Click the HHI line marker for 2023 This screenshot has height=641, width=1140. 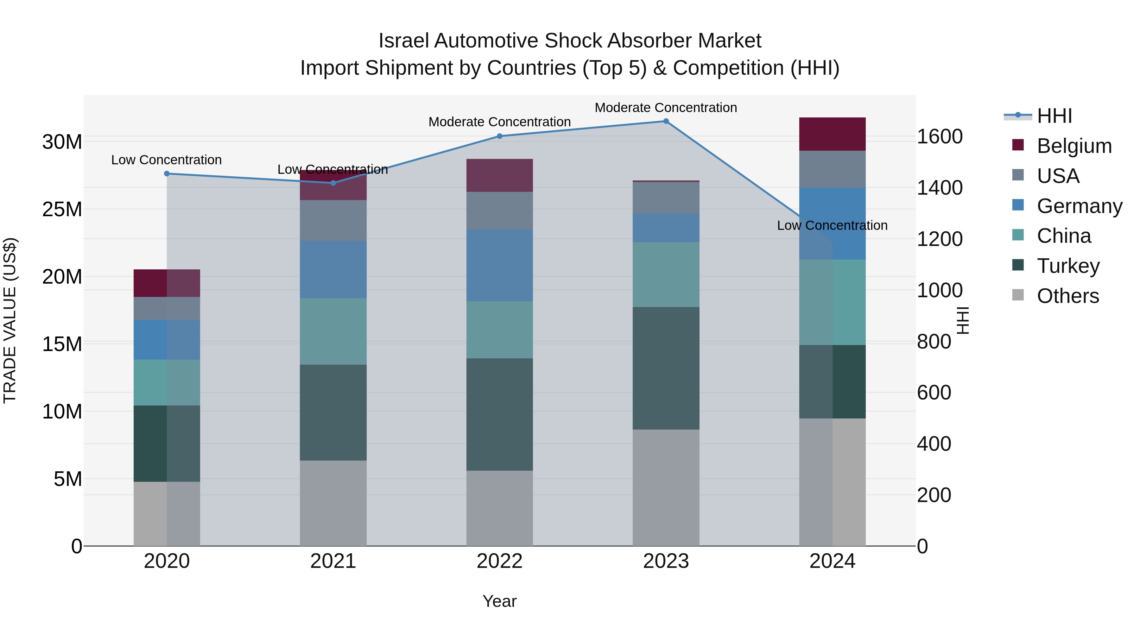(x=666, y=121)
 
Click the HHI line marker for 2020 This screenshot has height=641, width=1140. (x=167, y=174)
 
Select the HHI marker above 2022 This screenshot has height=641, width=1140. (x=500, y=136)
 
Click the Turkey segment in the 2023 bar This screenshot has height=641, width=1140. (x=666, y=368)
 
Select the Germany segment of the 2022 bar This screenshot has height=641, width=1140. (x=500, y=266)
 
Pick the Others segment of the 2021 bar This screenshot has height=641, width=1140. (x=333, y=503)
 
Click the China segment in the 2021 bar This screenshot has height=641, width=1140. (x=333, y=331)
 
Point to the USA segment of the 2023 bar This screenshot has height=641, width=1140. (x=666, y=198)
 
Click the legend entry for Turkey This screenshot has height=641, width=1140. (x=1068, y=266)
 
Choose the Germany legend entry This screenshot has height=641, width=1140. (x=1079, y=206)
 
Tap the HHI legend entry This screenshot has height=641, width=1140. (x=1054, y=116)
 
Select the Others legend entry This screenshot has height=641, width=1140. (x=1067, y=296)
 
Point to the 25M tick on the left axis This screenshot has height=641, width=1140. (x=62, y=210)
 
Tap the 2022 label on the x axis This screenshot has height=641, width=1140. (x=500, y=561)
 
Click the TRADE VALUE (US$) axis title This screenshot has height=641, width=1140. (x=10, y=320)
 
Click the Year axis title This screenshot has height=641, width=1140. (x=500, y=601)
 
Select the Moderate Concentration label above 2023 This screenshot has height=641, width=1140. (x=666, y=108)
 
